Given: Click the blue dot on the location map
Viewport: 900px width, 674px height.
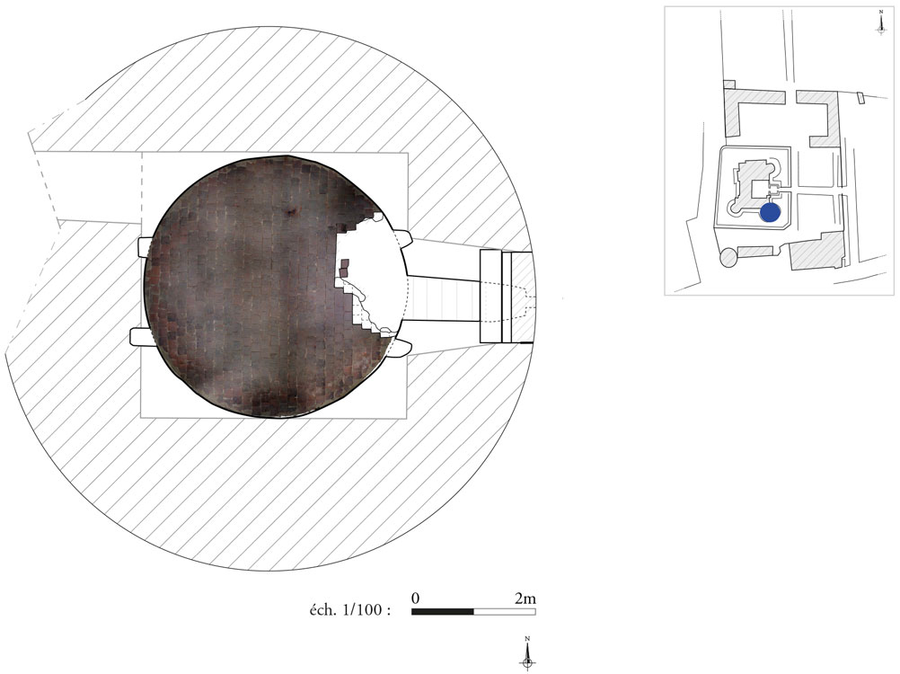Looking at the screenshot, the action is click(x=770, y=212).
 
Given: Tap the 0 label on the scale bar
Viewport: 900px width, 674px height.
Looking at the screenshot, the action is click(x=416, y=599).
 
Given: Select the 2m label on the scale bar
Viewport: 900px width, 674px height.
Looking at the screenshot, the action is click(x=525, y=599).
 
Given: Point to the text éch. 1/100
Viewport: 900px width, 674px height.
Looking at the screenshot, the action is click(x=350, y=609).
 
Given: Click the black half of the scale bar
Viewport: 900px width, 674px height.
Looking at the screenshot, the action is click(x=443, y=612).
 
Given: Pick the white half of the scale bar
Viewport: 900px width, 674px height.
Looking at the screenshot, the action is click(x=505, y=612).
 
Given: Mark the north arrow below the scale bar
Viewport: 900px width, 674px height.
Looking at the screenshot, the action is click(x=527, y=653).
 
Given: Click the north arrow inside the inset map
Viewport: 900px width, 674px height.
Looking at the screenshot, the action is click(x=881, y=22).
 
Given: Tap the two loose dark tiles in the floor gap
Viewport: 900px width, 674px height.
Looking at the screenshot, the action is click(x=344, y=268).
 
